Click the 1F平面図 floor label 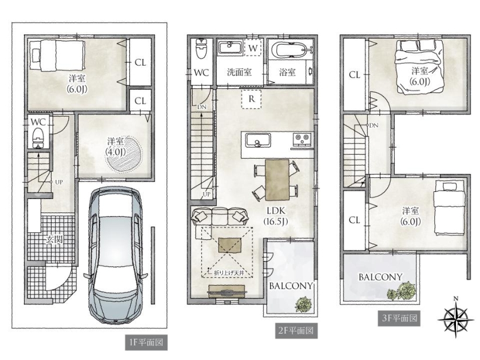tap(146, 342)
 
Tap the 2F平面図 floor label tap(296, 331)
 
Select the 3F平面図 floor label tap(399, 318)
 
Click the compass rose tap(456, 318)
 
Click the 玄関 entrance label tap(54, 239)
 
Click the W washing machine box tap(253, 48)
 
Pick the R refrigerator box tap(251, 99)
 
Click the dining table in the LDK tap(277, 179)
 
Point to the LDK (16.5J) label tap(276, 216)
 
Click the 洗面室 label tap(239, 72)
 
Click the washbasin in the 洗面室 tap(231, 49)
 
